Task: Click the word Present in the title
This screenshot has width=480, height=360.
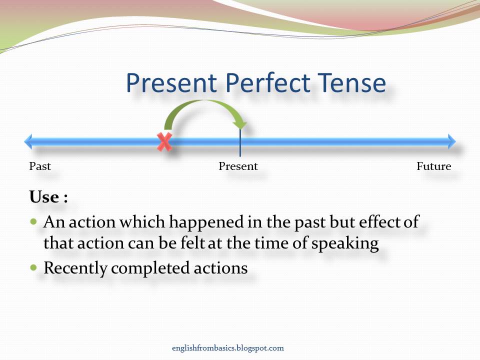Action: pos(171,83)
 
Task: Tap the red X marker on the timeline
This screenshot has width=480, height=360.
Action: pos(164,142)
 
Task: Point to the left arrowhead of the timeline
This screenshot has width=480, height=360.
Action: pos(28,142)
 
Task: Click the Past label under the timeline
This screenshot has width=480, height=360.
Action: pos(40,166)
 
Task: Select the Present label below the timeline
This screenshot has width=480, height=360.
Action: pos(238,166)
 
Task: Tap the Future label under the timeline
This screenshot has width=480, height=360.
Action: pos(433,166)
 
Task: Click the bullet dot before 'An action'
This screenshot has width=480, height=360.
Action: pos(34,221)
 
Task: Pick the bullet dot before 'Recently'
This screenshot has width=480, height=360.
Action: pos(34,267)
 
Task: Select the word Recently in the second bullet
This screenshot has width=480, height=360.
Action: pos(75,268)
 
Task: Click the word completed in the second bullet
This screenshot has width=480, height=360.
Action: pos(144,268)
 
